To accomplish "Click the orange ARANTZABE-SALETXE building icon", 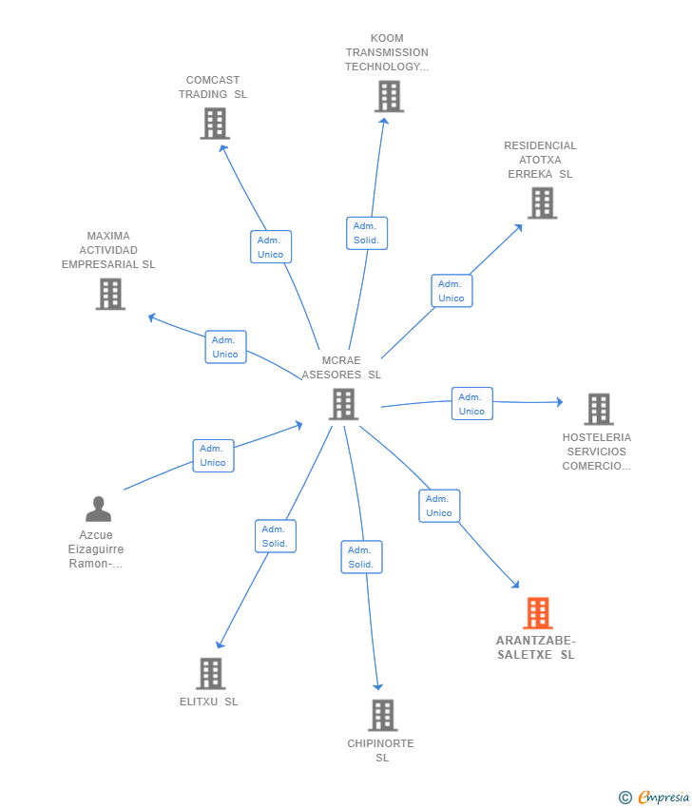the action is coord(538,613).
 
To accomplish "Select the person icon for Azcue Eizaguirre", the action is coord(99,510).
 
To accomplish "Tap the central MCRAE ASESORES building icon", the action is coord(344,404).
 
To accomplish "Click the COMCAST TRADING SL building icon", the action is coord(215,124).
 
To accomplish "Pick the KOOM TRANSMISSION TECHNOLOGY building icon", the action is coord(389,96).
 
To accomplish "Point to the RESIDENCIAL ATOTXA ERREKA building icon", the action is coord(543,203).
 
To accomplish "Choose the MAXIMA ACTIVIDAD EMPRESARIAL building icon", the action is coord(111,295).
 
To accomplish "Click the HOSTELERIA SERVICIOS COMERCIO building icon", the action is coord(599,409).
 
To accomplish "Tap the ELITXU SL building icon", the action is coord(211,674).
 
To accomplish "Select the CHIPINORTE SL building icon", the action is coord(383,715).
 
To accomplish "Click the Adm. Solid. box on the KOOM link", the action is coord(367,234).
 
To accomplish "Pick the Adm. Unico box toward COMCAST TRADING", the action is coord(271,247).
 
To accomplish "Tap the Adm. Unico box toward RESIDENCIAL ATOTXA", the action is coord(452,291).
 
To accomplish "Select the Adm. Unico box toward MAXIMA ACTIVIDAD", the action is coord(225,347).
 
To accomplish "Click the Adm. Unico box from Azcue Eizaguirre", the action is coord(213,455).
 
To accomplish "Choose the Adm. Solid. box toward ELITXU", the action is coord(276,536).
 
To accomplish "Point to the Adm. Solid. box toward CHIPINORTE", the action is coord(362,557).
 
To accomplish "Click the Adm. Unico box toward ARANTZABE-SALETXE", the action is coord(439,506).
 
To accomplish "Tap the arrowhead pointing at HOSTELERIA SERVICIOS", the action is coord(560,402).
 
